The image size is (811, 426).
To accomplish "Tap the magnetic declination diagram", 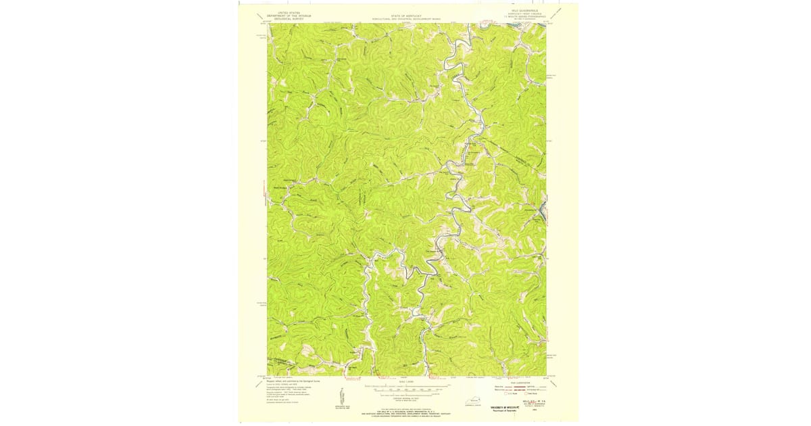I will coord(346,396).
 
